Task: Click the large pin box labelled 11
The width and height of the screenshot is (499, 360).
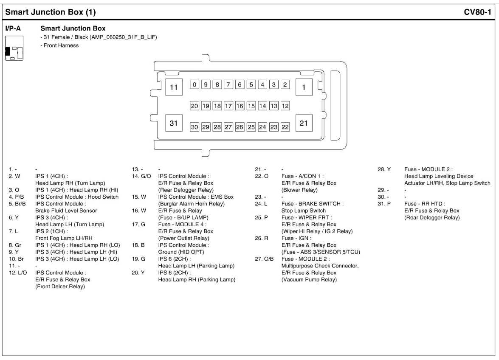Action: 173,87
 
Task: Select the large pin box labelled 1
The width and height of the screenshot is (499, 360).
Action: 304,87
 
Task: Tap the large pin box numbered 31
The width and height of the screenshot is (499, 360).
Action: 173,124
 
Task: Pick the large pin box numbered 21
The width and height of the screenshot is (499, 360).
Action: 304,124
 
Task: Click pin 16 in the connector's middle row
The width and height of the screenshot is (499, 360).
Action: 240,106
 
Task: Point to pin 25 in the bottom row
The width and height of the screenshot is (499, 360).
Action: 251,127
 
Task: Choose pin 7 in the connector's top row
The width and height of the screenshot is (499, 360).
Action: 228,84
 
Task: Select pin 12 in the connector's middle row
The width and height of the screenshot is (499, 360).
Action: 285,106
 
